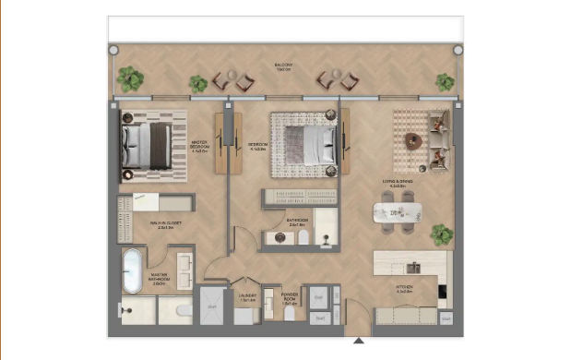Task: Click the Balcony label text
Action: pos(282,66)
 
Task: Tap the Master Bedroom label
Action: pos(199,144)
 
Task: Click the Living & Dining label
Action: pos(399,184)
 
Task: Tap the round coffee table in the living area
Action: pos(412,141)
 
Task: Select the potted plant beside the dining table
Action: pos(442,233)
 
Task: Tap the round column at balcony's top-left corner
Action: pos(113,51)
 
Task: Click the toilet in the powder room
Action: pos(290,314)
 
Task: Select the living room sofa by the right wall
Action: pos(440,138)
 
